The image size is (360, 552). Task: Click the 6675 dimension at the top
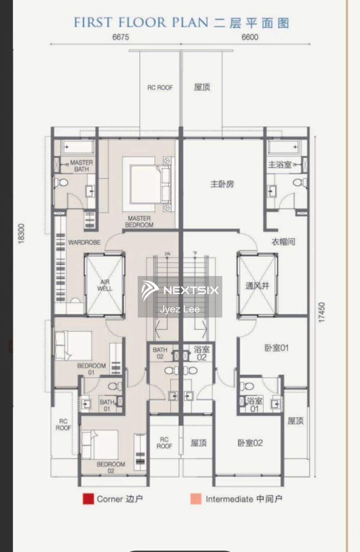tap(121, 37)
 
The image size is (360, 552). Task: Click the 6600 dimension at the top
tap(250, 37)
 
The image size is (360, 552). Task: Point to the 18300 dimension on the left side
tap(21, 233)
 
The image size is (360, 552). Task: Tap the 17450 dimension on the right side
tap(321, 313)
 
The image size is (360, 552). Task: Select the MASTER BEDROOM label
tap(139, 222)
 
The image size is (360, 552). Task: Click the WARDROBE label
tap(84, 243)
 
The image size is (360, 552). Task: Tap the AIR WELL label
tap(105, 285)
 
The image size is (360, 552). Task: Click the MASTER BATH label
tap(81, 166)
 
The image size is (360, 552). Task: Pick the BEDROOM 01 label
tap(91, 369)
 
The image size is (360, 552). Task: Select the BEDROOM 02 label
tap(111, 467)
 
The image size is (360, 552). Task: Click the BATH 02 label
tap(160, 353)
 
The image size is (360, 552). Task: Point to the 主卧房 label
tap(222, 184)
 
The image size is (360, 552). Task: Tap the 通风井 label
tap(257, 286)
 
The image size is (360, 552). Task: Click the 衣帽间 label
tap(283, 242)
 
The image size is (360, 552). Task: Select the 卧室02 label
tap(250, 443)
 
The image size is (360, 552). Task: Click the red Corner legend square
tap(88, 499)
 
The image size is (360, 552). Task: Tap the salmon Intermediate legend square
tap(196, 499)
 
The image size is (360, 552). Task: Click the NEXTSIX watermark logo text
tap(190, 290)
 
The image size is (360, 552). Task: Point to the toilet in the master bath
tap(61, 183)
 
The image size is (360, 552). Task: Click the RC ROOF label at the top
tap(160, 88)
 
